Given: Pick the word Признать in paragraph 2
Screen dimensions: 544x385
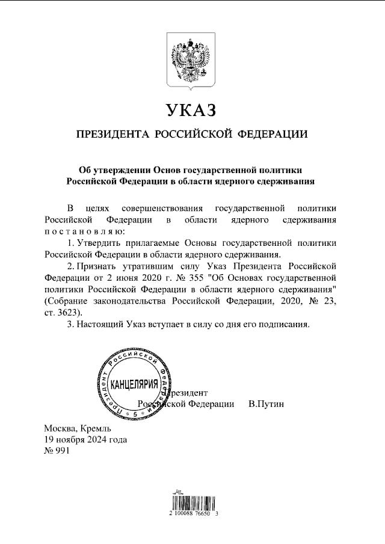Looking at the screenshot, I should [x=99, y=265].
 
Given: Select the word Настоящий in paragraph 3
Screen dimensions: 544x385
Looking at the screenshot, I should [x=100, y=324].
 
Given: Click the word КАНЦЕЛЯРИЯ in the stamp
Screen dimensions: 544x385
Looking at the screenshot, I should [x=135, y=384].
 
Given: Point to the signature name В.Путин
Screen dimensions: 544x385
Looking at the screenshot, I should [x=266, y=404].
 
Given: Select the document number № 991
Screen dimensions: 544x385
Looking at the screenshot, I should [x=58, y=451].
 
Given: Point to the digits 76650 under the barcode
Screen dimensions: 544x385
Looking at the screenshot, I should [x=202, y=515].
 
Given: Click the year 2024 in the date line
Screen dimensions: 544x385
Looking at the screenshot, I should [x=100, y=439].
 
